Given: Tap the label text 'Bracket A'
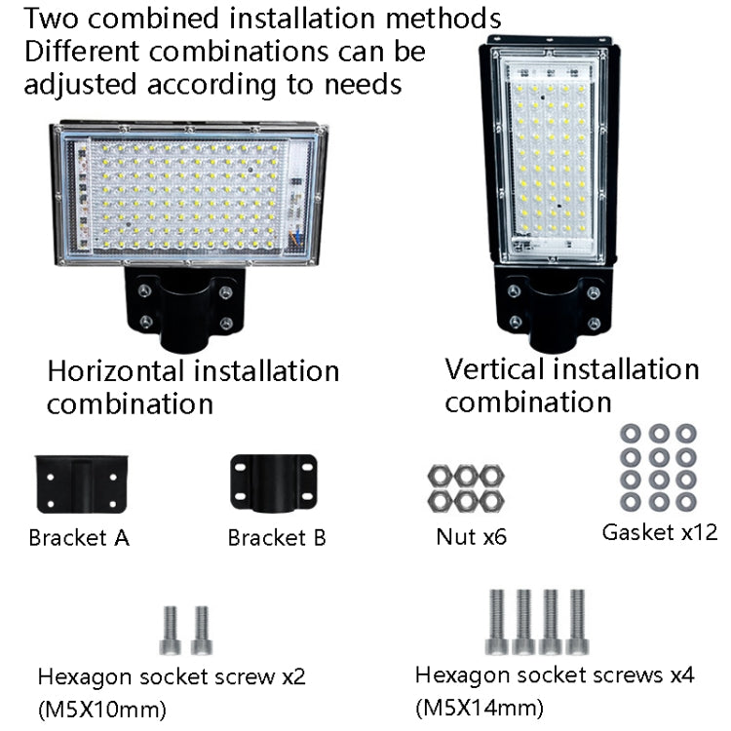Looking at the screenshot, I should click(x=79, y=537).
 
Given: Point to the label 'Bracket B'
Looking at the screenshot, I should click(x=277, y=537).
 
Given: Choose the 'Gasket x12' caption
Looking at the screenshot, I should click(x=659, y=532).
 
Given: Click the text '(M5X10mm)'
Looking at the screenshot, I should click(x=100, y=707).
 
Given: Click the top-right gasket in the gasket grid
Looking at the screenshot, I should click(x=686, y=432).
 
